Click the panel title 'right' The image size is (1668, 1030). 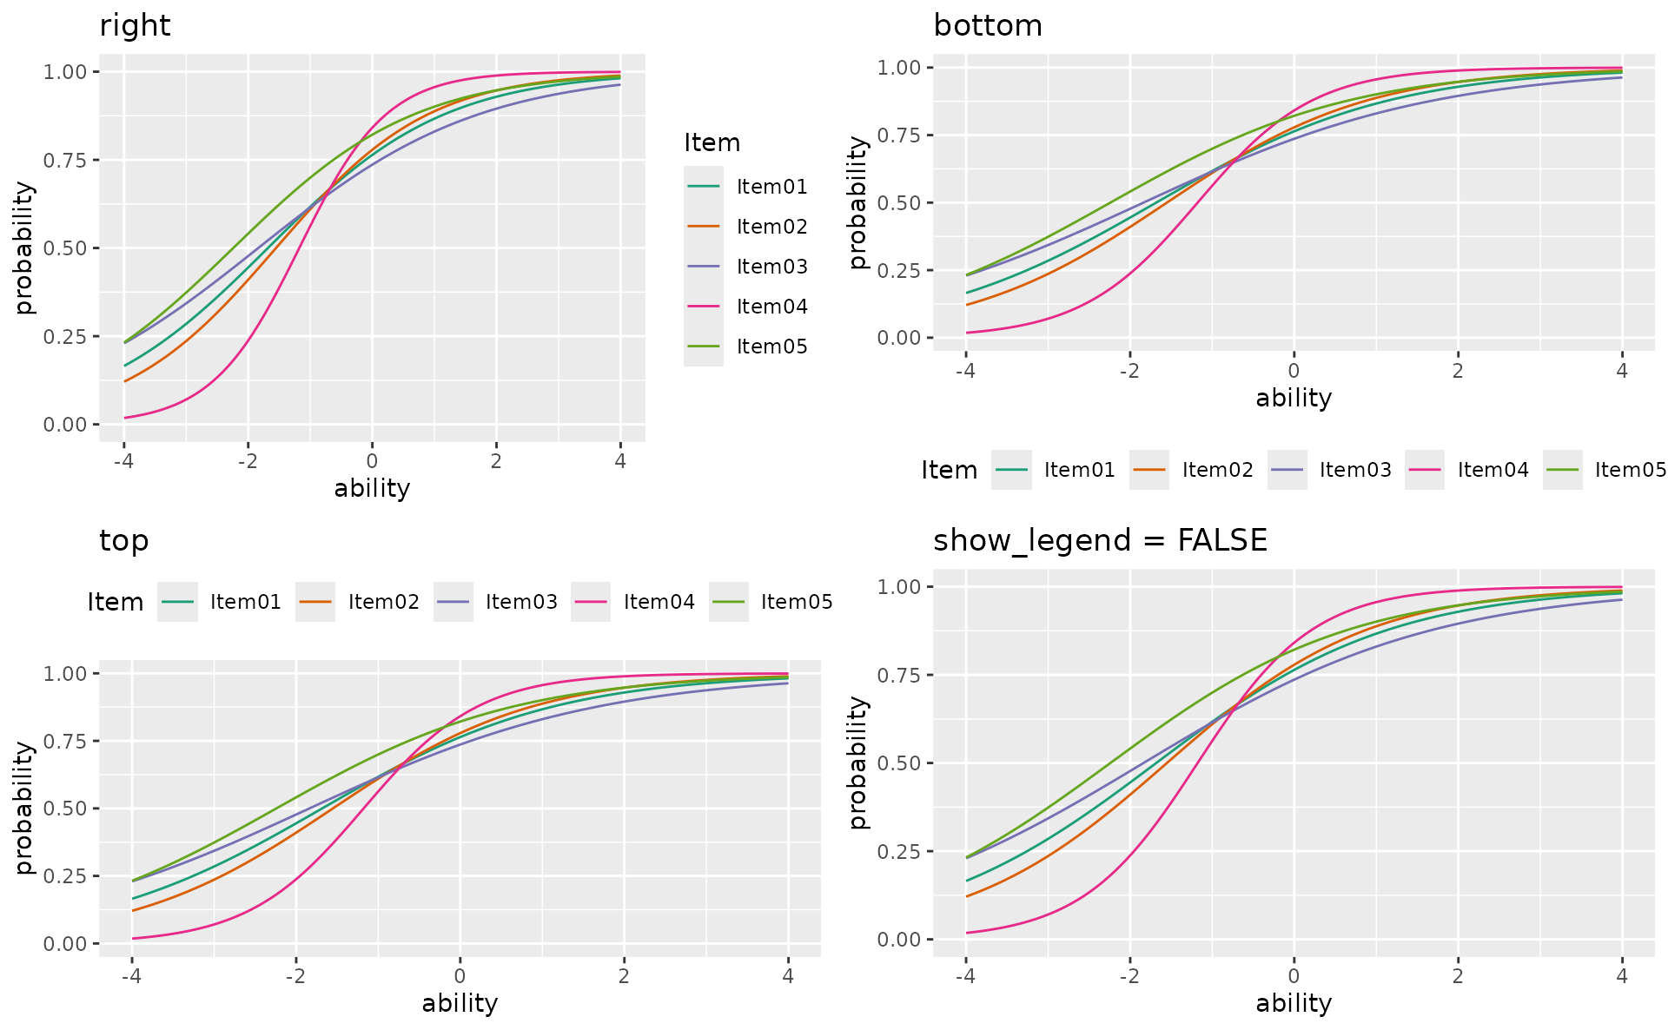[135, 26]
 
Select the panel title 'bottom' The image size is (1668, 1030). [988, 26]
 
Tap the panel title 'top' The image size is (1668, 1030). [124, 541]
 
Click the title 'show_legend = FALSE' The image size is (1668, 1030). [1100, 541]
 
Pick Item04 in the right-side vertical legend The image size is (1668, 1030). [771, 307]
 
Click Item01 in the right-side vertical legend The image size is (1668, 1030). [771, 187]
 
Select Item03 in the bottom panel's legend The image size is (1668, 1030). [1355, 470]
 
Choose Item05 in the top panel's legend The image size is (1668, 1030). [797, 602]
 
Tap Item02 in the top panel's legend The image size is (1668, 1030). [383, 602]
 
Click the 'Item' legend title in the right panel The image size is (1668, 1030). [712, 143]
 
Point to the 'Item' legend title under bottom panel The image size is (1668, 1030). [949, 471]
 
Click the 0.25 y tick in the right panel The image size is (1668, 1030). [65, 337]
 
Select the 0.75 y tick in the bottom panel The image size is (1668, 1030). [899, 135]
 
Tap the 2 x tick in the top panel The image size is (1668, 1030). [623, 976]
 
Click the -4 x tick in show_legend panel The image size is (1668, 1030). [964, 976]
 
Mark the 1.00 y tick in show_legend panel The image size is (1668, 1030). [899, 587]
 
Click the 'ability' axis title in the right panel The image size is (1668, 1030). [372, 488]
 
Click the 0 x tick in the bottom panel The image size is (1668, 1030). [1294, 371]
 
